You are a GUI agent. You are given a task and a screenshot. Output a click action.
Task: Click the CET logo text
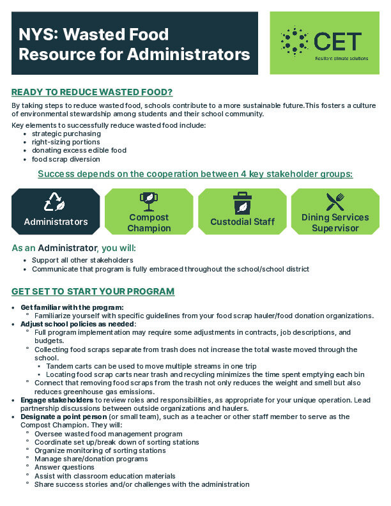(338, 41)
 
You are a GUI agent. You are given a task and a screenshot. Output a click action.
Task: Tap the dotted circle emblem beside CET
(295, 41)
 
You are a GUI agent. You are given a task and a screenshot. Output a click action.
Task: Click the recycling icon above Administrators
(56, 203)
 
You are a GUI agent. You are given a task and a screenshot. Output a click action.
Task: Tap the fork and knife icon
(335, 202)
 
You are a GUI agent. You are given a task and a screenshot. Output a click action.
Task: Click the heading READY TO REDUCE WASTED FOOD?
(92, 92)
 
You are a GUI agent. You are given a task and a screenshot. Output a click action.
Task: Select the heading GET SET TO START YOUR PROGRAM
(93, 291)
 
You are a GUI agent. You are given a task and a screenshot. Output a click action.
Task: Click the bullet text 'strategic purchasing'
(66, 134)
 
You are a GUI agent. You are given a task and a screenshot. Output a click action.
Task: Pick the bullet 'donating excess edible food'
(79, 150)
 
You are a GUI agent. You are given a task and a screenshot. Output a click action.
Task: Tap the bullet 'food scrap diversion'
(66, 159)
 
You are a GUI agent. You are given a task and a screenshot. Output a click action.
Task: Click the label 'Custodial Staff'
(242, 222)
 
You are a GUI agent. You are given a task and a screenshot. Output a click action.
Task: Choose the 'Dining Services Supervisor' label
(335, 222)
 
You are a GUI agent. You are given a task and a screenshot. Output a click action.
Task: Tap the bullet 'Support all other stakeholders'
(82, 260)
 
